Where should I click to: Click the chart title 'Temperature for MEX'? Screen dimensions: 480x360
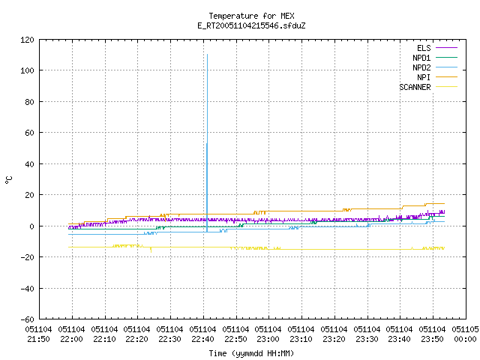coord(251,16)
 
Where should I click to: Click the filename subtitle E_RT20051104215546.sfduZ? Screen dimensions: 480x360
coord(251,25)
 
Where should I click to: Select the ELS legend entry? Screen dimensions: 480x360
coord(436,48)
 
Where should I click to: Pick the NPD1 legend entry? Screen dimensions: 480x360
coord(435,58)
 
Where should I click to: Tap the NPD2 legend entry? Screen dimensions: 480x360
coord(435,67)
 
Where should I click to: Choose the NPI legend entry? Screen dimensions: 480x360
coord(436,77)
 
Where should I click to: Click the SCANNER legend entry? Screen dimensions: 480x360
coord(428,87)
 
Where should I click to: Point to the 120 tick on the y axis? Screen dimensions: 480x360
coord(27,40)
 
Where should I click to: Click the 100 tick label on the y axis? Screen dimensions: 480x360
coord(27,70)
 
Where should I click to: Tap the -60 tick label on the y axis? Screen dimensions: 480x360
coord(27,319)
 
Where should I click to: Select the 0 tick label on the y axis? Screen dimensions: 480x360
coord(31,226)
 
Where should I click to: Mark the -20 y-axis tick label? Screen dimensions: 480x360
coord(27,257)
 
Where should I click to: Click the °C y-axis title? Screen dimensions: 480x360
coord(8,180)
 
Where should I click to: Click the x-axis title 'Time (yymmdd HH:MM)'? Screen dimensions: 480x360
coord(251,353)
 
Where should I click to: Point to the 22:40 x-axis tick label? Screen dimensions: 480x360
coord(202,334)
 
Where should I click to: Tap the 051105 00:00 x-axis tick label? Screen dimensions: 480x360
coord(465,334)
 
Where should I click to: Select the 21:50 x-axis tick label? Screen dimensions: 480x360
coord(38,334)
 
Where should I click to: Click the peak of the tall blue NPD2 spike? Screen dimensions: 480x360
coord(207,55)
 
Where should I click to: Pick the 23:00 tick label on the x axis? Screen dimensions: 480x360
coord(268,334)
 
